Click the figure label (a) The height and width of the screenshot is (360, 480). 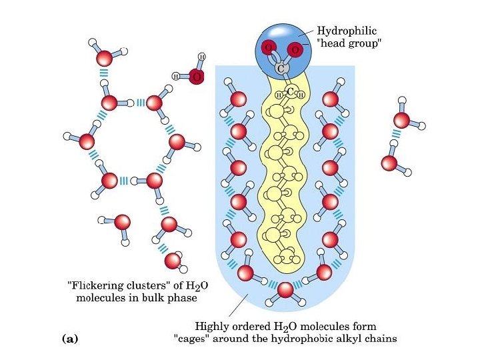click(69, 339)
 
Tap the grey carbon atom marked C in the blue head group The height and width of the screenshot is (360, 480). click(280, 69)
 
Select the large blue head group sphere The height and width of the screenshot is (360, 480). click(280, 45)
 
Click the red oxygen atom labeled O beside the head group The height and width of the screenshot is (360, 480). click(196, 77)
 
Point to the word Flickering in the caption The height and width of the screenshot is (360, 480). click(99, 285)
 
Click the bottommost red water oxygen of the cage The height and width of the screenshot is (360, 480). click(285, 290)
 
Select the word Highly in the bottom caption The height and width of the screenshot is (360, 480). click(212, 327)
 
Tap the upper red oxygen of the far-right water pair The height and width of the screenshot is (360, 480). click(401, 120)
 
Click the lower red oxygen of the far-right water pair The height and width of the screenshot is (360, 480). click(389, 162)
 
